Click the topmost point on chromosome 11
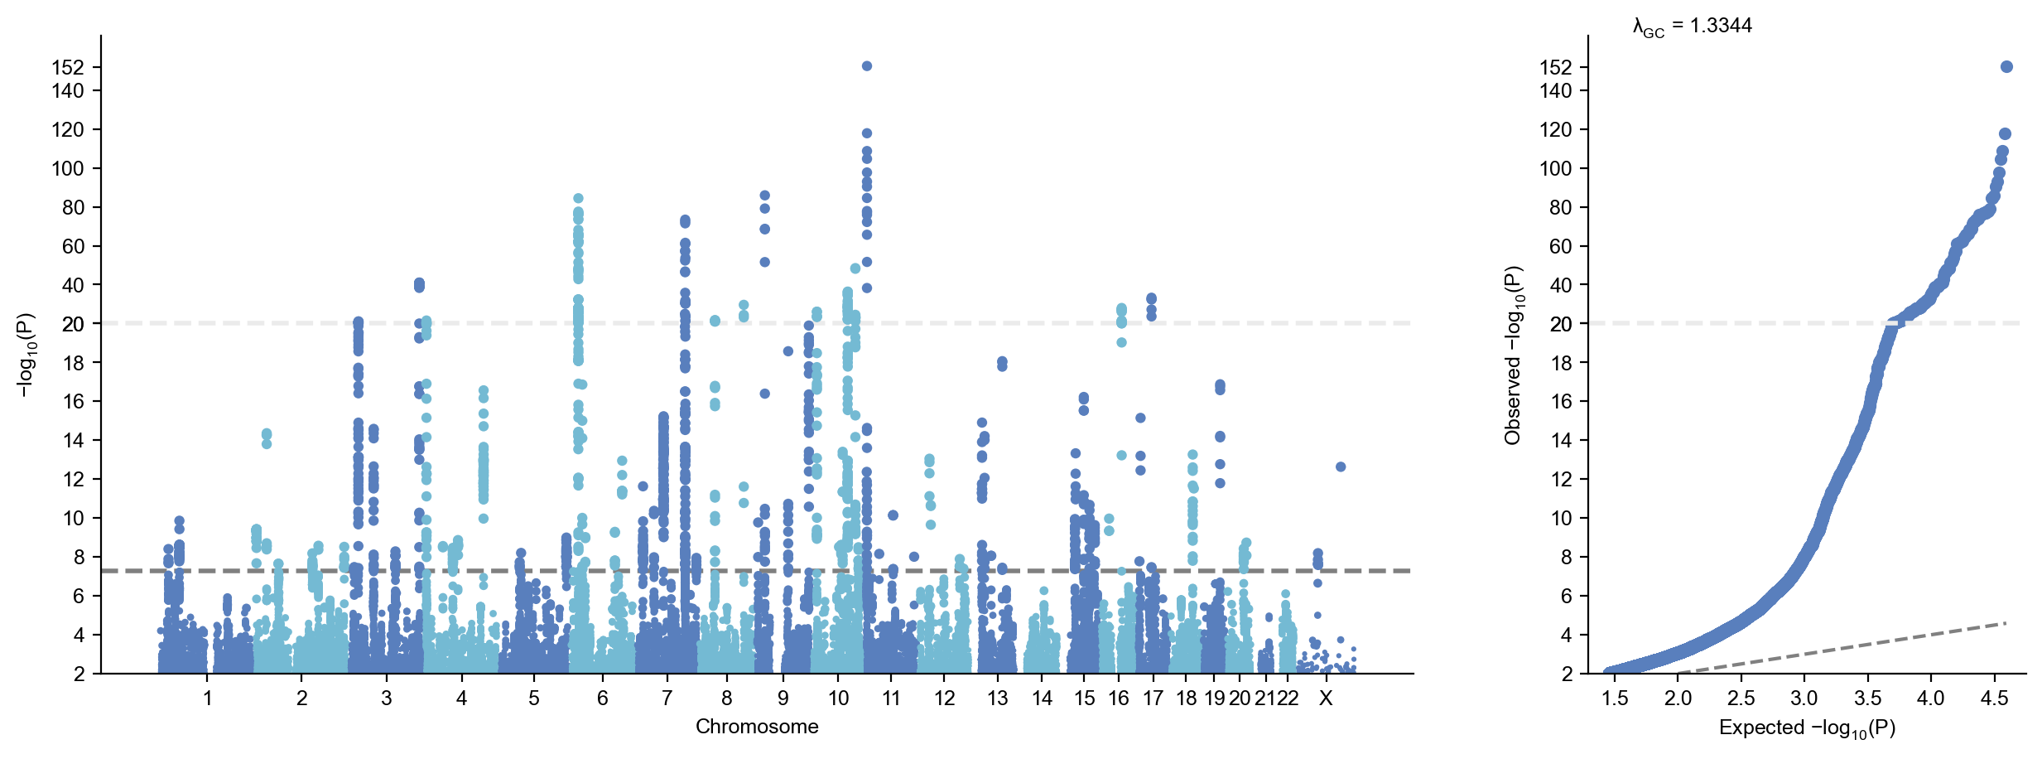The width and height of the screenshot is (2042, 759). tap(866, 66)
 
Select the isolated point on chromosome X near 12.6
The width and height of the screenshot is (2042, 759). tap(1341, 467)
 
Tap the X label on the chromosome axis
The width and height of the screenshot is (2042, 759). tap(1326, 699)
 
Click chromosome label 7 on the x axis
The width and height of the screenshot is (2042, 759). tap(667, 699)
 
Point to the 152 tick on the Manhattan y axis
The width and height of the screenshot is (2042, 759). tap(68, 67)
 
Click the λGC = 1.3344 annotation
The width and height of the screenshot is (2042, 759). tap(1692, 27)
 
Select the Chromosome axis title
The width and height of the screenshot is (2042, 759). tap(756, 727)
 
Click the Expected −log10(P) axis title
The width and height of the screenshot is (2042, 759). tap(1807, 728)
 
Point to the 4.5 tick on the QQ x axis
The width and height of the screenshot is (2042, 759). tap(1994, 699)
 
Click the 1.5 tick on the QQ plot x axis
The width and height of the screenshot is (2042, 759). tap(1615, 699)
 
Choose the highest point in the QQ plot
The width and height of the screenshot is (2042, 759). tap(2006, 67)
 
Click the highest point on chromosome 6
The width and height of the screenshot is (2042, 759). tap(578, 199)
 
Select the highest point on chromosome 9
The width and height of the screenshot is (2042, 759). tap(764, 196)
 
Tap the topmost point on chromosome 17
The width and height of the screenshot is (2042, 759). tap(1151, 298)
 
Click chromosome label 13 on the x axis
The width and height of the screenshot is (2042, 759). tap(998, 699)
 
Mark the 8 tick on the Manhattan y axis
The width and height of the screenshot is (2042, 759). tap(79, 557)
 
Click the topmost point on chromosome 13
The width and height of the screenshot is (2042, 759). tap(1002, 362)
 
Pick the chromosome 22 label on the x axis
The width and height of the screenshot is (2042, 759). tap(1288, 699)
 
